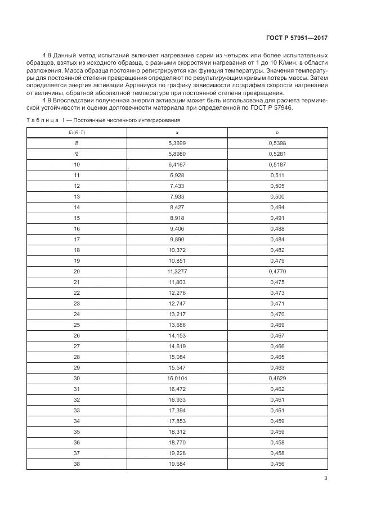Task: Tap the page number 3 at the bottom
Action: (325, 479)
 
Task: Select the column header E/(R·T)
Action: (77, 132)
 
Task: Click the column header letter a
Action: (177, 132)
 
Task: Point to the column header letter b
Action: (277, 132)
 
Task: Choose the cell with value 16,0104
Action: (177, 378)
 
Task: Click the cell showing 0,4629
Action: (277, 378)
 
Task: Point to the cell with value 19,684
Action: (177, 464)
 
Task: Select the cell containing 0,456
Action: (277, 464)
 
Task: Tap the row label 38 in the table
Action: (77, 464)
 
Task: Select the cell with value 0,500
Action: (277, 196)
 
